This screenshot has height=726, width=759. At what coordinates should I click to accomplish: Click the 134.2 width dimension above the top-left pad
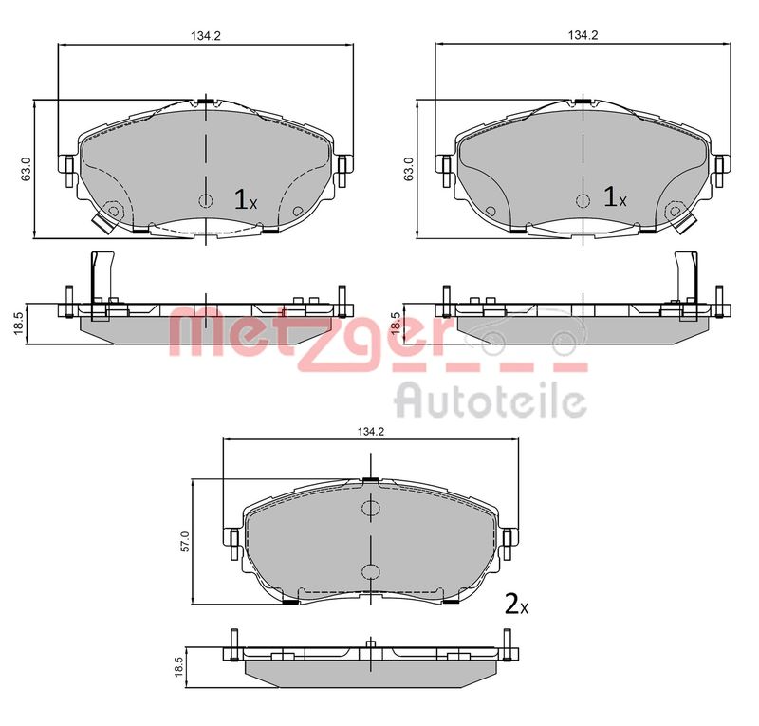click(x=205, y=35)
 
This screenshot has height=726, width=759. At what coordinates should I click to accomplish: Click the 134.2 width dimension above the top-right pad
click(x=583, y=35)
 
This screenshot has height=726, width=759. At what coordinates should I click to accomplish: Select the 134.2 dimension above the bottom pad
click(x=370, y=432)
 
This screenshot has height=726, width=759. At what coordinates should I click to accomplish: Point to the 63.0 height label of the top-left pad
click(x=27, y=169)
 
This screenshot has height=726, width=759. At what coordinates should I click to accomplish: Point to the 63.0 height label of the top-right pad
click(x=408, y=169)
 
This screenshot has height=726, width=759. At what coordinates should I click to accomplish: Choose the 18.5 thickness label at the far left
click(x=18, y=323)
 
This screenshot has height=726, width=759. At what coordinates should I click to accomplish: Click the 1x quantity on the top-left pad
click(x=246, y=199)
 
